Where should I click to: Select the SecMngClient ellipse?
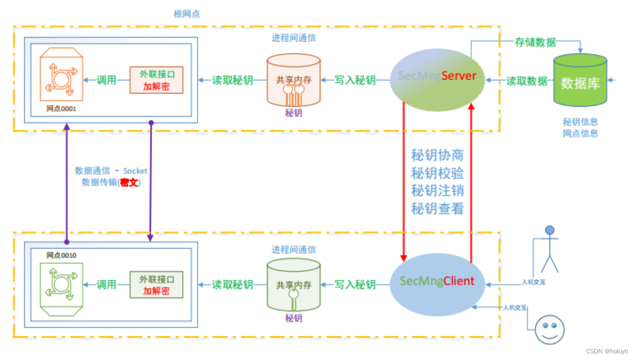point(437,281)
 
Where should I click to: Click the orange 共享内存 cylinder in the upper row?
point(293,80)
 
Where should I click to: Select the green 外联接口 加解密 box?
point(156,285)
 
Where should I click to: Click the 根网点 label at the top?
point(187,14)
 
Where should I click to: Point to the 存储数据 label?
point(535,42)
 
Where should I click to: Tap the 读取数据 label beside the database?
point(527,81)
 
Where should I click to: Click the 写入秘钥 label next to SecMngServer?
point(355,80)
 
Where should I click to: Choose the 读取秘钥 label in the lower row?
point(232,285)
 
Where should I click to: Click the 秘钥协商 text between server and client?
point(437,155)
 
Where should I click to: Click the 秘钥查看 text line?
point(437,209)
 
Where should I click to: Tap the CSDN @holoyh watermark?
point(606,351)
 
